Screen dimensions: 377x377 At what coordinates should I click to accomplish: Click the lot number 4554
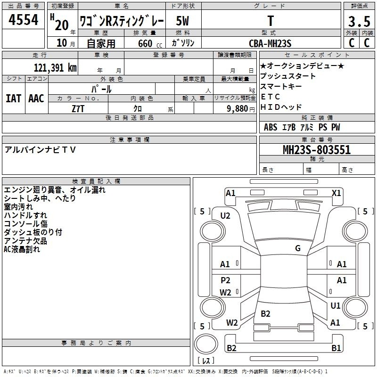coord(23,19)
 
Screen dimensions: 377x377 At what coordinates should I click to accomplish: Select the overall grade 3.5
coord(359,21)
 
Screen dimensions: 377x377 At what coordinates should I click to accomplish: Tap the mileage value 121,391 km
coord(55,68)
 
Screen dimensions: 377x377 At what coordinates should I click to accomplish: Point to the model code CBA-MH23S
coord(270,43)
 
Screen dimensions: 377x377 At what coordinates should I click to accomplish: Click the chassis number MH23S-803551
coord(317,150)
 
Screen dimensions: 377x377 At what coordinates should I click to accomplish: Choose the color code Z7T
coord(78,109)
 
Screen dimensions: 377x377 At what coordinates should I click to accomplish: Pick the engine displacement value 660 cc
coord(150,43)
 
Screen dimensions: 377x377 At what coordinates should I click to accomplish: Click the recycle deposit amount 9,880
coord(237,109)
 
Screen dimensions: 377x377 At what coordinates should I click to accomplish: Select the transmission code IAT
coord(14,98)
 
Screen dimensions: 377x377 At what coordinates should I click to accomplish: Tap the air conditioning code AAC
coord(36,98)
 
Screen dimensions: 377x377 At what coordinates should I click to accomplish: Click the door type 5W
coord(182,21)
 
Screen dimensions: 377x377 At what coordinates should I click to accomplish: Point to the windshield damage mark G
coord(298,248)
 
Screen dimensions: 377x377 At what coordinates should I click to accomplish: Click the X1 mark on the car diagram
coord(336,193)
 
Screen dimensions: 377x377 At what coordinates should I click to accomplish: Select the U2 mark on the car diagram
coord(225,216)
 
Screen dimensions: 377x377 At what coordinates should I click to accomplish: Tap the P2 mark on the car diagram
coord(225,280)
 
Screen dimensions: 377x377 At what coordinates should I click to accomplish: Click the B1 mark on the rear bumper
coord(336,348)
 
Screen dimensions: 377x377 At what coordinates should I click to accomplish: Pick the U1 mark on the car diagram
coord(335,305)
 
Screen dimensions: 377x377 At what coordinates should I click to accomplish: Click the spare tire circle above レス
coord(206,344)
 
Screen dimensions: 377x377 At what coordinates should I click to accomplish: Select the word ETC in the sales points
coord(270,97)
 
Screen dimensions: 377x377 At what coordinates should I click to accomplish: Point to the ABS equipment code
coord(270,127)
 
